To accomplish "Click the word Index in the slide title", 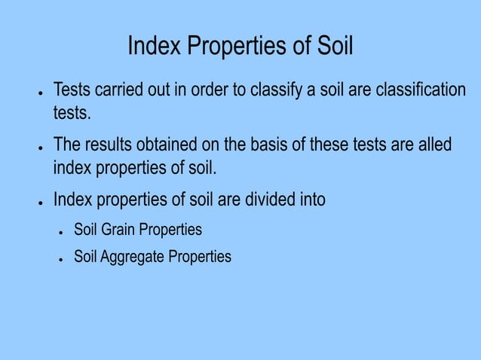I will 155,47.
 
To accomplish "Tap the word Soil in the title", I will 332,47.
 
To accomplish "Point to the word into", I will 312,201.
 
